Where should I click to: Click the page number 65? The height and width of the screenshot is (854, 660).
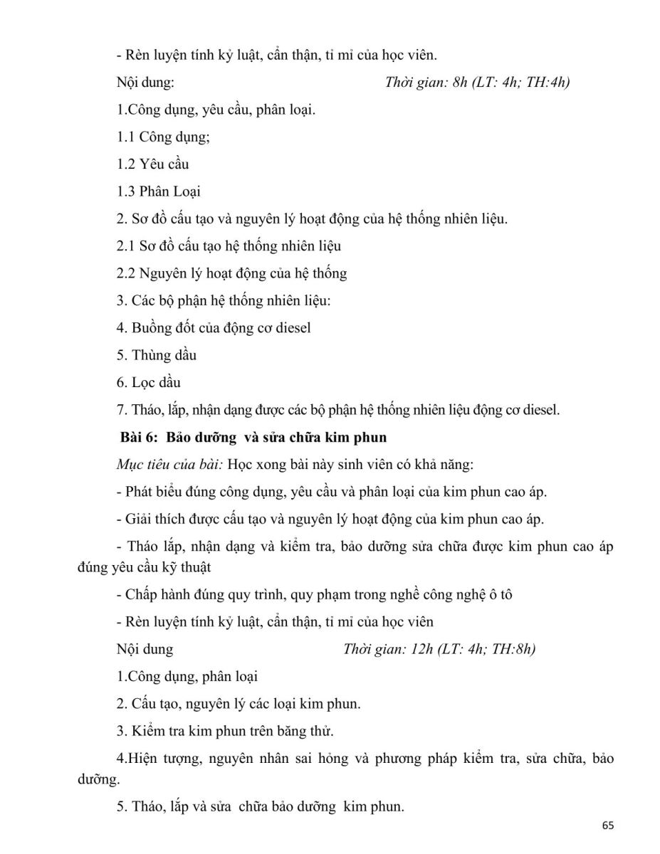pos(607,826)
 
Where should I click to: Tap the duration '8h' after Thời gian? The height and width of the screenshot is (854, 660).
pos(460,83)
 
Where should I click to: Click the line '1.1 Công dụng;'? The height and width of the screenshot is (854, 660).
pos(163,137)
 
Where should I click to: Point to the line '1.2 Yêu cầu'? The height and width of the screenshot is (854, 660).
pos(152,164)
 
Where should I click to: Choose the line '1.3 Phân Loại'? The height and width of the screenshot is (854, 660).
pos(159,191)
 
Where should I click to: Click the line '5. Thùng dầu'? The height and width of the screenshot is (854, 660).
pos(157,355)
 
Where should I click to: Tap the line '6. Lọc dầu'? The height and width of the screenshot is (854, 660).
pos(149,383)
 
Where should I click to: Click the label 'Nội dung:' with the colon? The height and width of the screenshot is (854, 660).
pos(145,83)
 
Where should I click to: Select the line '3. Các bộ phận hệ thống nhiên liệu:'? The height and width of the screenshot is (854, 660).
pos(224,301)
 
